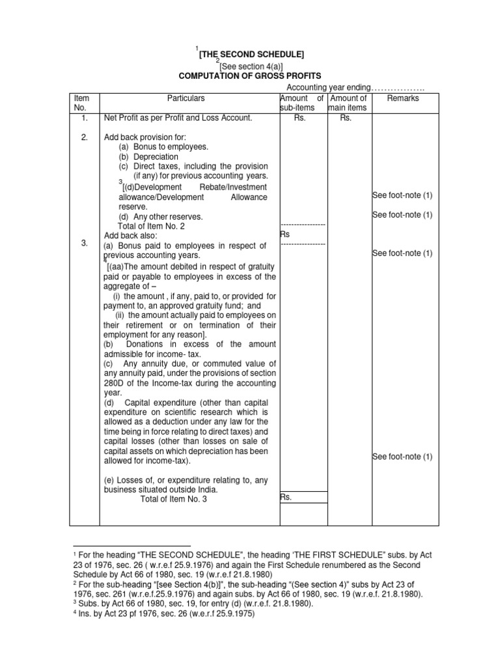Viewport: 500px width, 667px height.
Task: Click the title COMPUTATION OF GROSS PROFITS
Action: point(250,76)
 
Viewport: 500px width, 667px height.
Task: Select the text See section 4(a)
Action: point(251,66)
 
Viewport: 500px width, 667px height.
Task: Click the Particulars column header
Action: point(186,98)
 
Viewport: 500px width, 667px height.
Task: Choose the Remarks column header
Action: point(403,98)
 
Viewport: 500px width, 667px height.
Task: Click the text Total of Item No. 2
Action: point(155,226)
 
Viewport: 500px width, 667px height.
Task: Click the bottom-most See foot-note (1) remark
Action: point(402,457)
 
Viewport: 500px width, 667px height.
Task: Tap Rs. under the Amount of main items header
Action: point(349,119)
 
